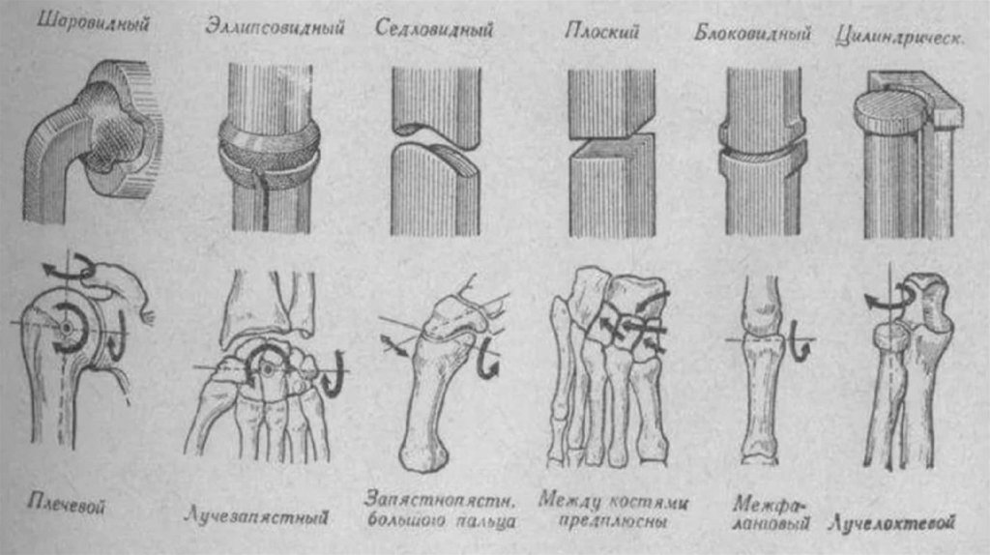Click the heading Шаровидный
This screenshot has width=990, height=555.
(94, 23)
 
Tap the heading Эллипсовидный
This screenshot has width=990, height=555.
(275, 27)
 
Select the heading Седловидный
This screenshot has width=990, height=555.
(434, 28)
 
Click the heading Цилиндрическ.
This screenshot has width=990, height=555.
(902, 36)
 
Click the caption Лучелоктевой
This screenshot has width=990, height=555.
(893, 523)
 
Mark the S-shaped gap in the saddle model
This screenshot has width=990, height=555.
(433, 138)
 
